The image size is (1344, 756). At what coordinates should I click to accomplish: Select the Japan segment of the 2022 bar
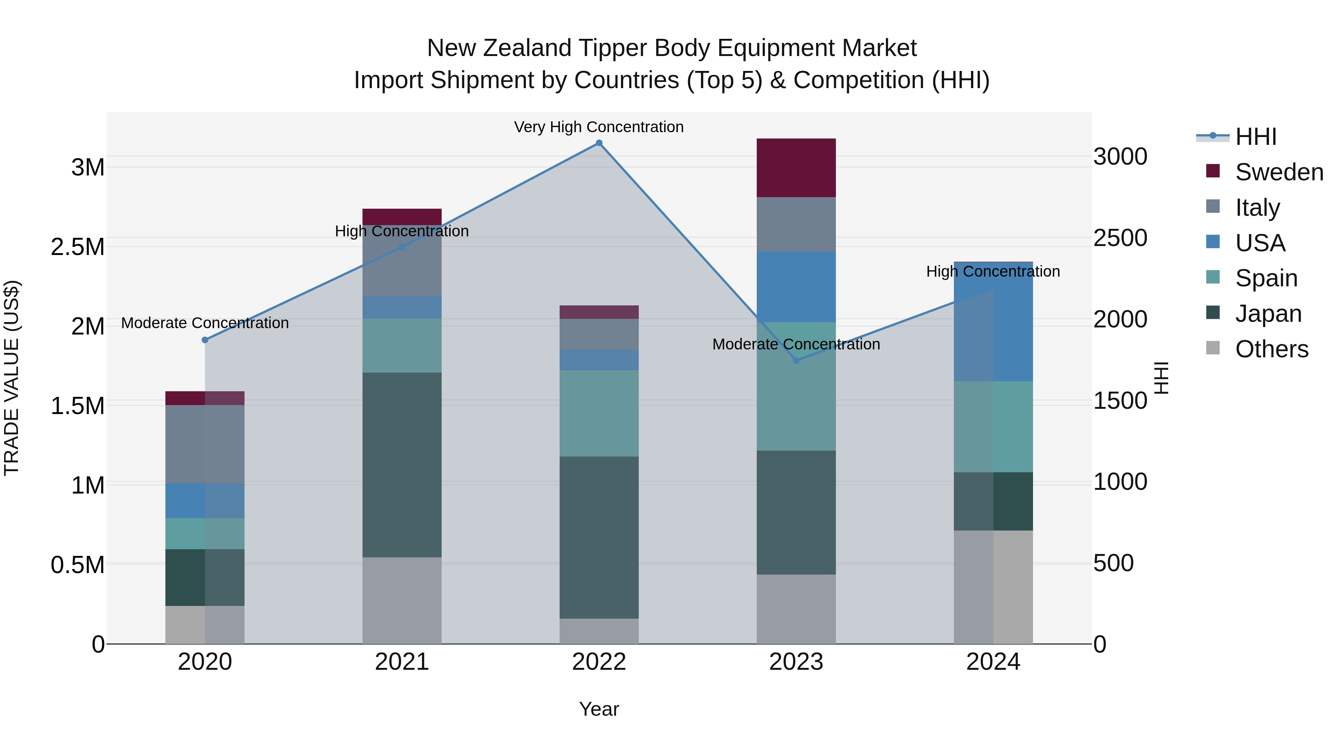599,537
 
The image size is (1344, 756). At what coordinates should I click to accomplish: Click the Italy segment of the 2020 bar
205,444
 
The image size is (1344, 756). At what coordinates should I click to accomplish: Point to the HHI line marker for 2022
599,143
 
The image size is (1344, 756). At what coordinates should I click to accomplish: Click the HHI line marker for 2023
796,361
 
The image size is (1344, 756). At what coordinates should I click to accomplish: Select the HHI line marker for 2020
205,340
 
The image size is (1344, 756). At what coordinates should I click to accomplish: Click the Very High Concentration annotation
598,127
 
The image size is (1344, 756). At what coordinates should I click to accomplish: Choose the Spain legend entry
1266,278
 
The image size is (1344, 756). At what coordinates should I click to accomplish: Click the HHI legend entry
1256,137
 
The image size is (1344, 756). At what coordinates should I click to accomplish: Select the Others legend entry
1272,349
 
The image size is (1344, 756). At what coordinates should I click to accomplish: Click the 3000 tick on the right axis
1120,156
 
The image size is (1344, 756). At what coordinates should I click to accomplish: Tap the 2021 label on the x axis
402,662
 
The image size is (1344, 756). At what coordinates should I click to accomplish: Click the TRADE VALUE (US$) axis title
12,378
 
